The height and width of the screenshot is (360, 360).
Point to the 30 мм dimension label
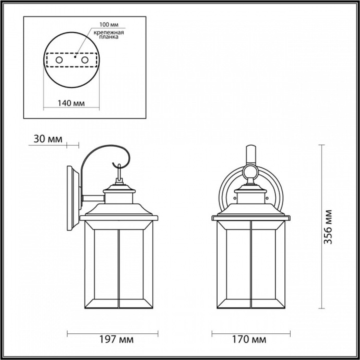[x=47, y=139]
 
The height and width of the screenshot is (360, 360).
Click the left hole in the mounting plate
[x=59, y=61]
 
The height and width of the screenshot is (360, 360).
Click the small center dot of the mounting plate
[x=75, y=58]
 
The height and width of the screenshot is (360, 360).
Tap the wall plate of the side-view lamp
[x=73, y=196]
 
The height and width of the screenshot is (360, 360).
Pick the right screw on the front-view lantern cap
[x=265, y=198]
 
